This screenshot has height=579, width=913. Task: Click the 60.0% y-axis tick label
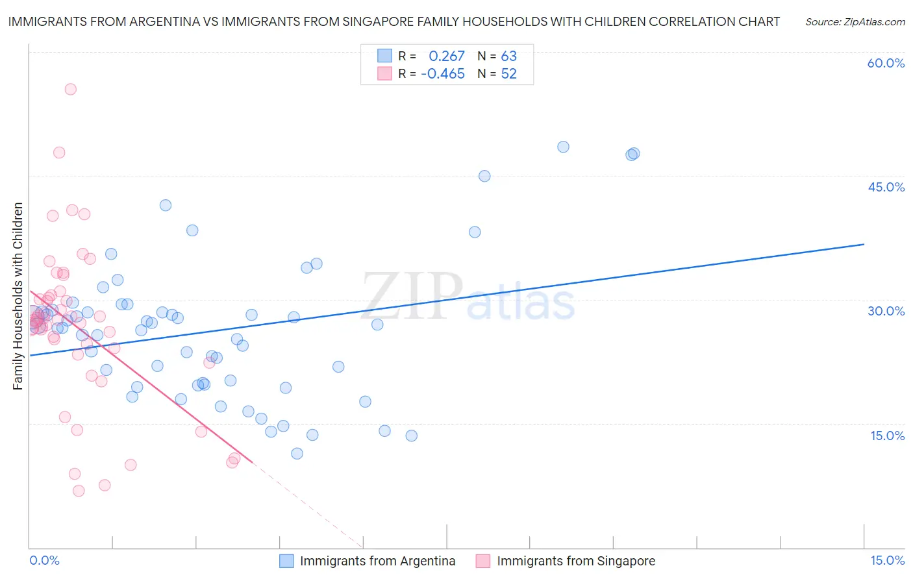(x=886, y=63)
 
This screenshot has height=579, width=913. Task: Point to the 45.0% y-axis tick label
(x=886, y=187)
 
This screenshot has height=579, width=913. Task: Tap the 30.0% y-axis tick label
(x=886, y=311)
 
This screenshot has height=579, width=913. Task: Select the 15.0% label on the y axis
(x=887, y=436)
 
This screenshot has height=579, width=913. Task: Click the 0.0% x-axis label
(x=44, y=560)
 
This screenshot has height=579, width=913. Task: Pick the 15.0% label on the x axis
(x=887, y=560)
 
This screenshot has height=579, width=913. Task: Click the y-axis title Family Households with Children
(x=18, y=296)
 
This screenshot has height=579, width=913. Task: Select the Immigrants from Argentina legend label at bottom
(x=377, y=561)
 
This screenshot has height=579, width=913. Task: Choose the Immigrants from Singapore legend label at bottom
(x=576, y=561)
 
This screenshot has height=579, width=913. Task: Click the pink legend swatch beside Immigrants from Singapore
(x=482, y=561)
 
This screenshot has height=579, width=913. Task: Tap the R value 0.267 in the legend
(x=447, y=56)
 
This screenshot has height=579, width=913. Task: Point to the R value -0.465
(x=443, y=74)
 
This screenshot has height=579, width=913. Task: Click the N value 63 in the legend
(x=508, y=56)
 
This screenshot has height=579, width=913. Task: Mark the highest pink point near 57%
(x=71, y=90)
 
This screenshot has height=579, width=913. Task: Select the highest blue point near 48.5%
(x=563, y=147)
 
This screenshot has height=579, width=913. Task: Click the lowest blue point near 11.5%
(x=297, y=454)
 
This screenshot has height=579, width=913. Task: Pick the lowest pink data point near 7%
(x=79, y=491)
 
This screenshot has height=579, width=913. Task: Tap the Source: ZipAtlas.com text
(x=855, y=21)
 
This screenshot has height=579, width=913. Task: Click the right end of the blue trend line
(x=864, y=244)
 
